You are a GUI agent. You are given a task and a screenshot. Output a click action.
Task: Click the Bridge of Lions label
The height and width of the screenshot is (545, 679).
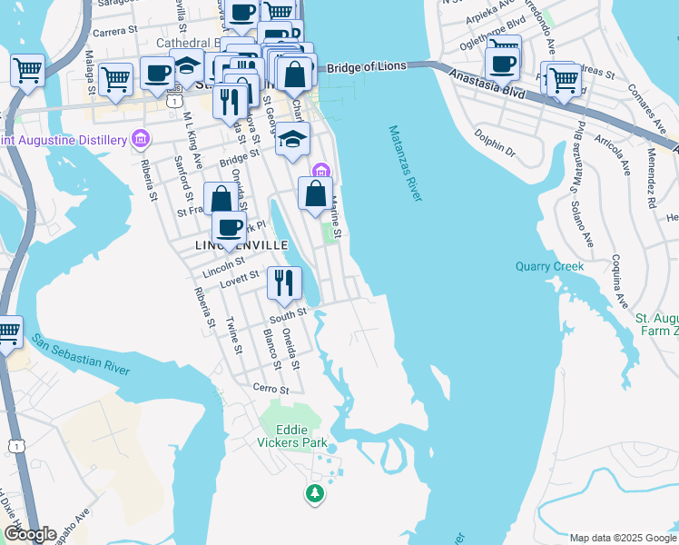click(x=368, y=68)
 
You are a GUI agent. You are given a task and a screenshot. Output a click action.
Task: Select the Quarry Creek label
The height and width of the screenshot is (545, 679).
click(x=549, y=266)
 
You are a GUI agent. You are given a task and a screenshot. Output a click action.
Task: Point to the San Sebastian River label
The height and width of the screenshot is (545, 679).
click(x=81, y=354)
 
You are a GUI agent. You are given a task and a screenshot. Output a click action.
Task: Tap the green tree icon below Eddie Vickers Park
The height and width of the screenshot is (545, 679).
click(x=315, y=494)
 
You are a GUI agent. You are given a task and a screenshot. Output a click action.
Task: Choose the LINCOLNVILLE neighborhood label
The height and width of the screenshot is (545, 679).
click(x=241, y=246)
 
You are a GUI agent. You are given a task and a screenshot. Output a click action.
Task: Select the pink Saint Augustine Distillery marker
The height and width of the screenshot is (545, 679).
click(x=141, y=139)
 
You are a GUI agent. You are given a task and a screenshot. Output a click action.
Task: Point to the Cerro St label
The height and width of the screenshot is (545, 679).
click(x=271, y=389)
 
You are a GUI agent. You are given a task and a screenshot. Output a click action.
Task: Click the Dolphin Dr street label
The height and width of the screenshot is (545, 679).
click(x=495, y=145)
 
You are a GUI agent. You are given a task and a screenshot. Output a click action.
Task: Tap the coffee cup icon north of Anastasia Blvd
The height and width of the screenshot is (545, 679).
click(x=502, y=63)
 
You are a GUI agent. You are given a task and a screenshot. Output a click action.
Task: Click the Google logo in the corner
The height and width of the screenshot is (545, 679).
click(x=29, y=534)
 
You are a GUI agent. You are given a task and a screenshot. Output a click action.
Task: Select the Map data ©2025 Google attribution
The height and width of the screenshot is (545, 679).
click(x=621, y=538)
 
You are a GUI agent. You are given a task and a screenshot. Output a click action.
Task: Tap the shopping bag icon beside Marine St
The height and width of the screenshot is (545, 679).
click(x=315, y=193)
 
